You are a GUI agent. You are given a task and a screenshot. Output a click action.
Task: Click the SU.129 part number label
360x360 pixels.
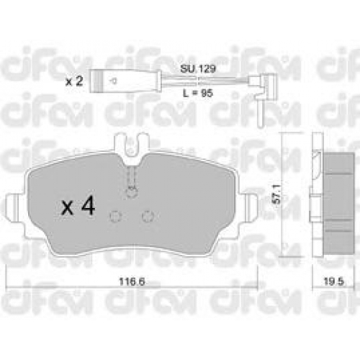click(x=198, y=69)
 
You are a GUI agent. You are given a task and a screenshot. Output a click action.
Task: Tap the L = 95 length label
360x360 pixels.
click(x=198, y=93)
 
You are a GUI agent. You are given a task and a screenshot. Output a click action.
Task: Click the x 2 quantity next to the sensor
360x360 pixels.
click(x=74, y=81)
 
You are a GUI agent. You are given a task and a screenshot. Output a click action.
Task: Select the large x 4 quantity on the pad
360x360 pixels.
click(x=78, y=205)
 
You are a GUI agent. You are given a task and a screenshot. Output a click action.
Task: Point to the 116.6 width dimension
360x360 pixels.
click(x=132, y=282)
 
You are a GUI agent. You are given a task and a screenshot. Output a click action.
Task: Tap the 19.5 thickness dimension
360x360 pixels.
click(x=334, y=282)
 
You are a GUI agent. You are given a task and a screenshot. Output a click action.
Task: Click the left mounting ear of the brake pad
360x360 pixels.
click(x=15, y=206)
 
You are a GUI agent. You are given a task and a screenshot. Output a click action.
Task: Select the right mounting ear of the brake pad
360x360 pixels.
click(x=250, y=206)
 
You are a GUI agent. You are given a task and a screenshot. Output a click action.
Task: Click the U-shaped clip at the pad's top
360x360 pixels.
click(x=130, y=149)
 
